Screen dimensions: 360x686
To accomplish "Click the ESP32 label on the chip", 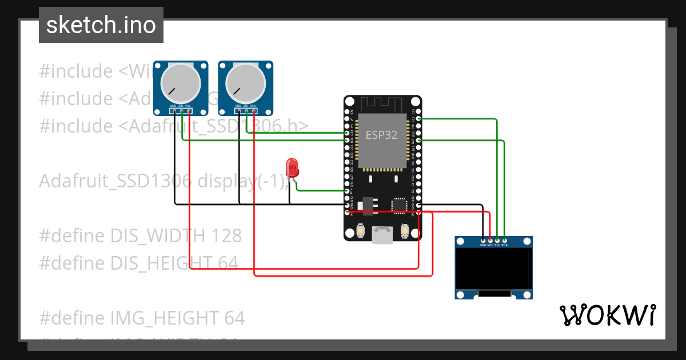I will (x=381, y=135).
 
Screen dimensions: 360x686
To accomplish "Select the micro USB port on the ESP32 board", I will (x=382, y=234).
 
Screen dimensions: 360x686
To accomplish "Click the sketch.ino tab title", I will (x=101, y=26).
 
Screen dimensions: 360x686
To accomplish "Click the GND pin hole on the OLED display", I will (x=484, y=240).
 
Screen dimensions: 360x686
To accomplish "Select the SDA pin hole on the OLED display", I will (x=504, y=240).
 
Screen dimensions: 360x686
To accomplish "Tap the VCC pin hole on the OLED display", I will (x=490, y=240).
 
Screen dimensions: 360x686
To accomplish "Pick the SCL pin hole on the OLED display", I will (x=497, y=240).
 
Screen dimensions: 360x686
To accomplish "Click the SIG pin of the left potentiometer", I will (x=181, y=111).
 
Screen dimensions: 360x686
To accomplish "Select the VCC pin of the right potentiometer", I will (x=253, y=111).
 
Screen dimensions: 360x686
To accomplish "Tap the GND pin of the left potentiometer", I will (x=174, y=111).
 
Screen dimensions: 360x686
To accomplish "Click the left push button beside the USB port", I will (x=361, y=230).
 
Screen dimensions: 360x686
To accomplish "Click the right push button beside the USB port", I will (x=405, y=230).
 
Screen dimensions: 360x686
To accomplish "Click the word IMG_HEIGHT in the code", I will (x=150, y=318).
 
